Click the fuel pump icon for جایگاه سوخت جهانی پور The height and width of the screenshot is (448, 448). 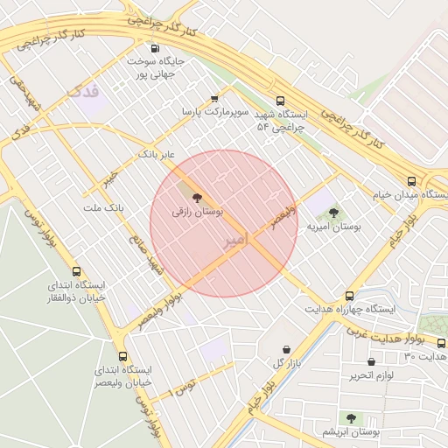(x=156, y=49)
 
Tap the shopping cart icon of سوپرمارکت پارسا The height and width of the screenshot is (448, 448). (x=215, y=99)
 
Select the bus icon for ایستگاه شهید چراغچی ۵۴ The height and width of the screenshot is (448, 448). (x=280, y=101)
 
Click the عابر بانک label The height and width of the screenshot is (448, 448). (x=157, y=154)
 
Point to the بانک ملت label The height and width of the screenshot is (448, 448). (x=104, y=207)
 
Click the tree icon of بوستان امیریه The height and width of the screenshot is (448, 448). (x=333, y=213)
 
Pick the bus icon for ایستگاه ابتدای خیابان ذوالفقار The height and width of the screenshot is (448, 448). (x=76, y=272)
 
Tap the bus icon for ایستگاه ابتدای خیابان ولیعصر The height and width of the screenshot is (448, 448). (x=122, y=356)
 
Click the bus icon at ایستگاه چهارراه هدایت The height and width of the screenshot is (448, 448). (x=350, y=296)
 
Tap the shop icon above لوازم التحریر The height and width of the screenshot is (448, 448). (x=373, y=361)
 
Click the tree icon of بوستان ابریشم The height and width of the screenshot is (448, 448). (x=351, y=418)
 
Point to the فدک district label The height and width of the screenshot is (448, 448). (x=83, y=90)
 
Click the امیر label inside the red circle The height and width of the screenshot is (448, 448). (x=236, y=239)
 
